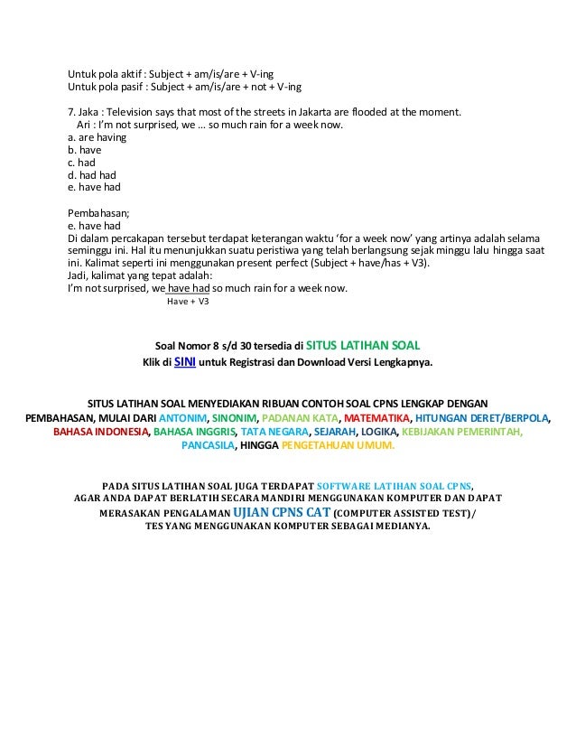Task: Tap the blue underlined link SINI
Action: (185, 363)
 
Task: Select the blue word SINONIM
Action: (234, 419)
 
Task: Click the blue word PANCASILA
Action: (208, 446)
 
